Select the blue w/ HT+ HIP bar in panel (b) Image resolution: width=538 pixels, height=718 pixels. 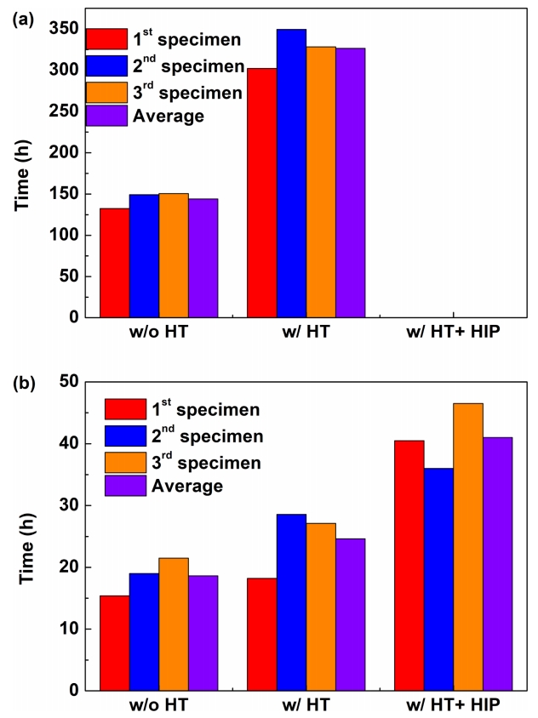[438, 579]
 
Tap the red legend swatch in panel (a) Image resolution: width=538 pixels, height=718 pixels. [106, 39]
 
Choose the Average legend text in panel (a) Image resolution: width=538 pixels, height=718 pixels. [168, 116]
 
